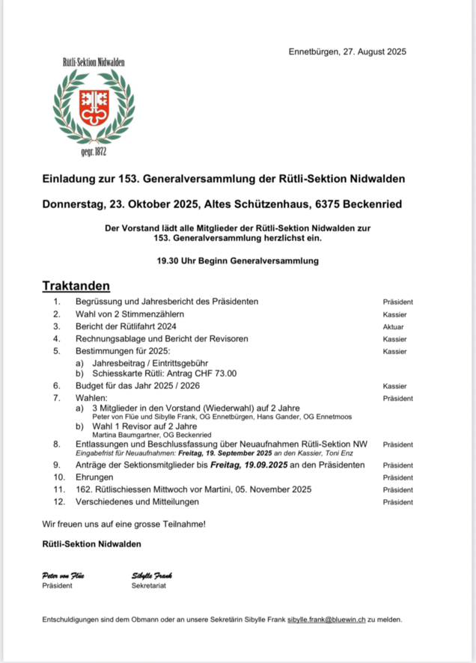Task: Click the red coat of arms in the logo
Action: coord(94,106)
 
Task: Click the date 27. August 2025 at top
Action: coord(375,51)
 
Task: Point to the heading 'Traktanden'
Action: coord(76,285)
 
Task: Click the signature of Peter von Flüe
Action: coord(64,575)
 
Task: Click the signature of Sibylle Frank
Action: coord(151,575)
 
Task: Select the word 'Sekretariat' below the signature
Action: coord(148,586)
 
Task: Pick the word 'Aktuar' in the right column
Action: coord(393,327)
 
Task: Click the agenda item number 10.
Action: coord(58,477)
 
